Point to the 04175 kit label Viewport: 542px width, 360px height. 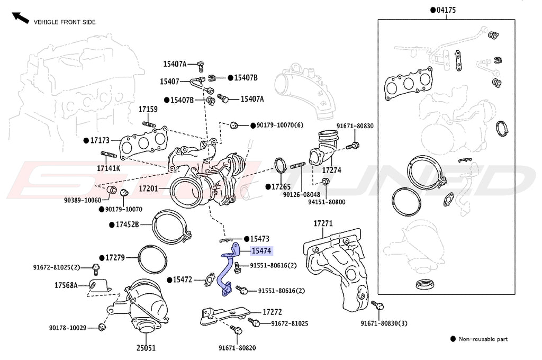446,10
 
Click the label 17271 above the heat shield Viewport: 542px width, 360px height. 323,223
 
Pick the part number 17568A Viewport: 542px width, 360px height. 66,285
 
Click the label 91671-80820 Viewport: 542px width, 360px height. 236,348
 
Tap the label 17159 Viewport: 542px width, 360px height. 148,110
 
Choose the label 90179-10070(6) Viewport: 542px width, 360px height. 280,125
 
